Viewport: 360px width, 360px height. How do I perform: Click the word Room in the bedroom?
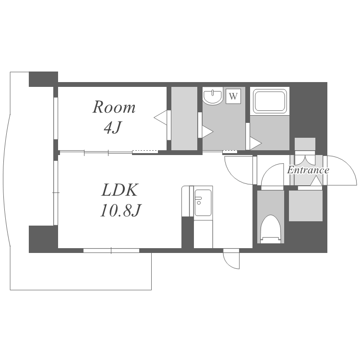(x=114, y=107)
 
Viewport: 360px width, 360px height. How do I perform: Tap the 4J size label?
(x=112, y=127)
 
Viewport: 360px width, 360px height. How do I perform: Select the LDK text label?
(x=120, y=190)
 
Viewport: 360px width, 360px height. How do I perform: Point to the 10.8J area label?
(x=120, y=210)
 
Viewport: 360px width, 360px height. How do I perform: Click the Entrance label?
(x=308, y=170)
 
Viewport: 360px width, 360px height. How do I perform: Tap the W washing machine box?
(x=233, y=96)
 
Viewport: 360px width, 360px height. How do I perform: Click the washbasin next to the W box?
(x=213, y=96)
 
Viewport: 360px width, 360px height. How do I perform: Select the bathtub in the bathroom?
(x=270, y=101)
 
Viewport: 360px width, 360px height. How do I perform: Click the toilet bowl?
(x=271, y=229)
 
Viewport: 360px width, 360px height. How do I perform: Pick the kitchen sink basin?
(x=203, y=203)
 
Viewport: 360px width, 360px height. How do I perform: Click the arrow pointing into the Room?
(x=160, y=118)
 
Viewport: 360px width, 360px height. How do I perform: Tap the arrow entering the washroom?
(x=207, y=132)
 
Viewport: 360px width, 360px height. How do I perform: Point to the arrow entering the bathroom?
(x=255, y=144)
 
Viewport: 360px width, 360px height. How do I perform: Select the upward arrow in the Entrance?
(x=316, y=181)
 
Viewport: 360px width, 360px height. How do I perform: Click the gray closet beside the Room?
(x=184, y=119)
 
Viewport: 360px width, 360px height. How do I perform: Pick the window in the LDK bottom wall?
(x=111, y=251)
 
